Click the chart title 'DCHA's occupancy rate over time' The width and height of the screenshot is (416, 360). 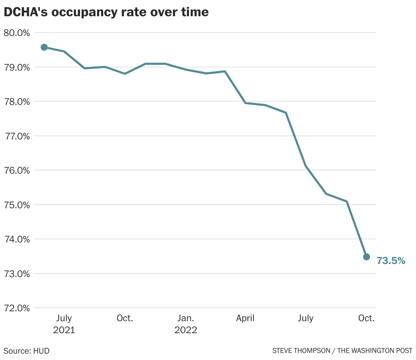106,12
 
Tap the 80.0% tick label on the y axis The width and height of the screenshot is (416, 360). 17,33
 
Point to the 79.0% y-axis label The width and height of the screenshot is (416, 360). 17,67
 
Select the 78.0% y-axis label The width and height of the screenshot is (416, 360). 17,102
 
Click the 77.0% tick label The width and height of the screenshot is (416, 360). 17,136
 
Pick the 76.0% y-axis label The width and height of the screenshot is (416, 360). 17,170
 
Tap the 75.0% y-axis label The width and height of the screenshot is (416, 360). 17,205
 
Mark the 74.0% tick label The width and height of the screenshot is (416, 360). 17,239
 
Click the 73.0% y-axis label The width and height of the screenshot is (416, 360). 17,274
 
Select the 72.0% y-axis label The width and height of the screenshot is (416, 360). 17,308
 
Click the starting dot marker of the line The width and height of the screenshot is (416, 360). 44,47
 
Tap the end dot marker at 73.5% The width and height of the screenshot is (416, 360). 366,257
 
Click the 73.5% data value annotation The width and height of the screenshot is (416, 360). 391,261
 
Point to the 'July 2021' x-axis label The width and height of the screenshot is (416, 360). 64,324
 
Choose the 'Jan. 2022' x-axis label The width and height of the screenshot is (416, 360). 185,324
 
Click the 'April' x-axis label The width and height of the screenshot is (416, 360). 245,318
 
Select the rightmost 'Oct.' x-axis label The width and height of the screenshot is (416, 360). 366,318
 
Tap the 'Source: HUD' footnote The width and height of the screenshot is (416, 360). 26,351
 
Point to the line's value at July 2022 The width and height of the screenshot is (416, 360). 306,166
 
